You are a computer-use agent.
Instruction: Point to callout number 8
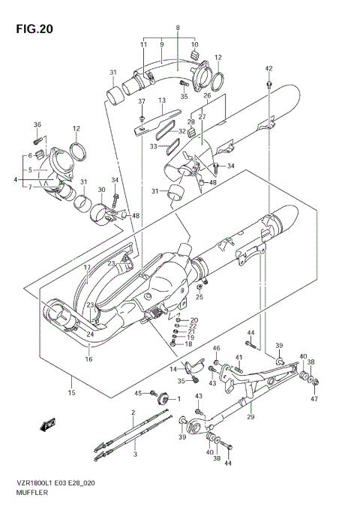coord(178,28)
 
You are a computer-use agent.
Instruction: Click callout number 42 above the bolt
coord(268,68)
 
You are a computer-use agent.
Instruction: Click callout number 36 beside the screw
coord(37,124)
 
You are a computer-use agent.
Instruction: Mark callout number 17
coord(87,268)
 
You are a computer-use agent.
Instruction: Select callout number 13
coord(160,100)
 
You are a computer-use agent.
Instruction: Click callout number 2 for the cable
coord(133,412)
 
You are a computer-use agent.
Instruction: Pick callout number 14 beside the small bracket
coord(172,370)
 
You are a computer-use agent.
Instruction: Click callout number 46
coord(216,349)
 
